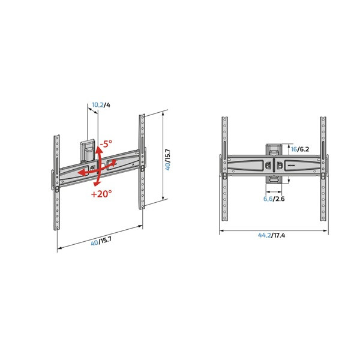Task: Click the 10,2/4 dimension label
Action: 100,105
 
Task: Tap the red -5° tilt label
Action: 106,144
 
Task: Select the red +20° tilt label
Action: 101,194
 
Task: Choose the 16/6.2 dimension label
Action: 299,148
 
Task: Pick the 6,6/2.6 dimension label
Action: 275,199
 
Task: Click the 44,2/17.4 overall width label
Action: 272,236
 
